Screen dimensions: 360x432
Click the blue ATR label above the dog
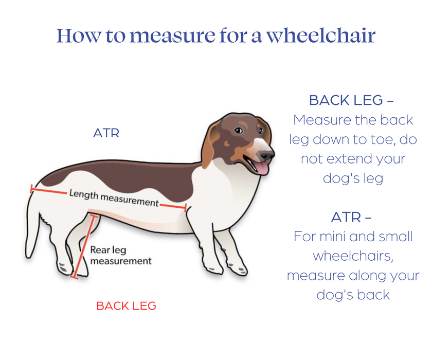(106, 133)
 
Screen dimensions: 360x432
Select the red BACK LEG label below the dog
(126, 306)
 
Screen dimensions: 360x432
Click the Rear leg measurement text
(121, 256)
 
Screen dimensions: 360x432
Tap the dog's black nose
(267, 154)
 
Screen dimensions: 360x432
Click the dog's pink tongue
(261, 167)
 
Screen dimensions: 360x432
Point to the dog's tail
(32, 226)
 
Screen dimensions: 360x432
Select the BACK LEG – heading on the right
(352, 100)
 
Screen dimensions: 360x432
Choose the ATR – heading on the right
(352, 217)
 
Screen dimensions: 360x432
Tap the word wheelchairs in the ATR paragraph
(352, 256)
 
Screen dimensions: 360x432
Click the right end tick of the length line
(186, 207)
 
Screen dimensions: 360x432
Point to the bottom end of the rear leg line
(75, 277)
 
